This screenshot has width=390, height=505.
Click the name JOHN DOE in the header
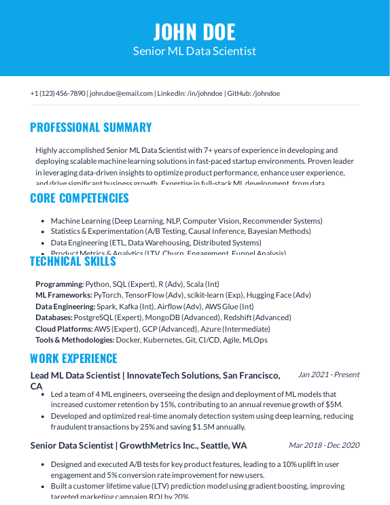194,31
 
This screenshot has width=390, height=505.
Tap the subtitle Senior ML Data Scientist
194,51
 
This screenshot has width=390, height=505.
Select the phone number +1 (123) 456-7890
58,93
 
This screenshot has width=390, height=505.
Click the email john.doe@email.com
121,93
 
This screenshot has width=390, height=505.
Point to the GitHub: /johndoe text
253,93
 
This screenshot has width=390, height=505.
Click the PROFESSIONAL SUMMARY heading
91,127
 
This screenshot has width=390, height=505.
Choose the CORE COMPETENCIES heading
79,198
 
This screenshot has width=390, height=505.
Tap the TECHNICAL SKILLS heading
73,262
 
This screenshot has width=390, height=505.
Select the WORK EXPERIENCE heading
73,358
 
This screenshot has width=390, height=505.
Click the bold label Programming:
60,284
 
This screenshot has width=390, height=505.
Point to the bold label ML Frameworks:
63,295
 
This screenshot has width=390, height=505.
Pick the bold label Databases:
54,317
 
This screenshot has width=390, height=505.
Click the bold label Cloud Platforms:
64,328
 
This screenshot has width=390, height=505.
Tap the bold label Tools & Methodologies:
75,340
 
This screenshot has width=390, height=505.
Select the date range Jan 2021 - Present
328,375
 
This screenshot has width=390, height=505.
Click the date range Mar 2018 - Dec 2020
323,445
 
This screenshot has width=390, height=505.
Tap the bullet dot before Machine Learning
43,221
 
